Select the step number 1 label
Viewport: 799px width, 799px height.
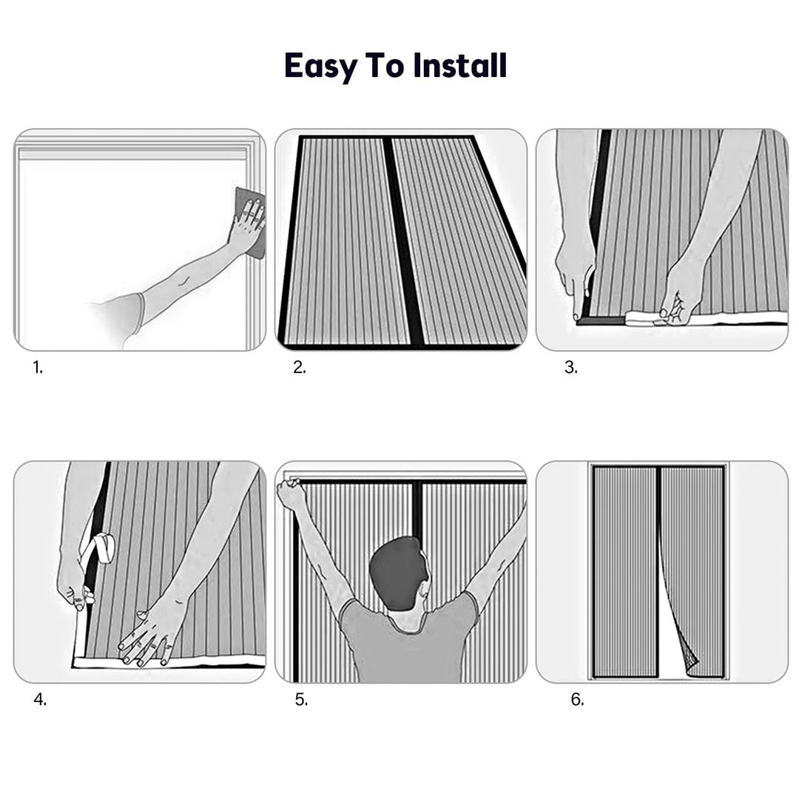coord(38,367)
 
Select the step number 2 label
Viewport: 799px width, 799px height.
coord(300,367)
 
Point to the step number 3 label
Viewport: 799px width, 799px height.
coord(570,367)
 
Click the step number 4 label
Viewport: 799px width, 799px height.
coord(40,700)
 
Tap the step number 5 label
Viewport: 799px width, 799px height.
coord(301,700)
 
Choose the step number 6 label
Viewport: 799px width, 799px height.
coord(577,700)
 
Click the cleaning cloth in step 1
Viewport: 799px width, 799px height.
coord(251,222)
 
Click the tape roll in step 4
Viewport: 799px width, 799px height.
coord(101,547)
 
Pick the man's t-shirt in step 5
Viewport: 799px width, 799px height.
coord(408,642)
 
